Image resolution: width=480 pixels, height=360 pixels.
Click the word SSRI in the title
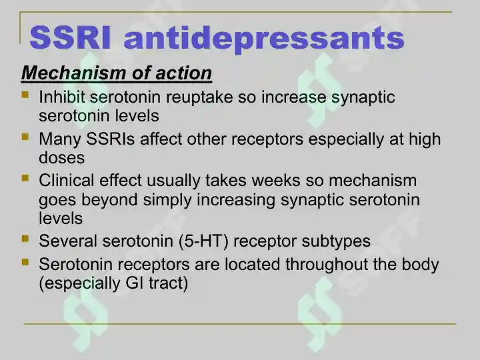coord(70,38)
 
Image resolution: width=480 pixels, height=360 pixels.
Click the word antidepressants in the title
coord(264,40)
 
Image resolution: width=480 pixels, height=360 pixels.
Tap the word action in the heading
coord(183,73)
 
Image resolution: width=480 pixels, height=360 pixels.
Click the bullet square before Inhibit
coord(25,94)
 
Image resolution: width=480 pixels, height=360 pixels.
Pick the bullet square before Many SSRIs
coord(25,136)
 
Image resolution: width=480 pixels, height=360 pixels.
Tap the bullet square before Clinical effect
coord(25,178)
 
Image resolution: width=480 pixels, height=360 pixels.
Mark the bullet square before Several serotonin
coord(25,239)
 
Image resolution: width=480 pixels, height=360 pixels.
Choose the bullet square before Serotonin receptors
coord(25,262)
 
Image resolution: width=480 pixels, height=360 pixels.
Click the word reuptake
coord(199,98)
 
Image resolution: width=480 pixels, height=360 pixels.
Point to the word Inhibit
coord(62,97)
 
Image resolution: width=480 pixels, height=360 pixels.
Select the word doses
coord(61,157)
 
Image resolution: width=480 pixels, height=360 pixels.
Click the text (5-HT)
coord(203,241)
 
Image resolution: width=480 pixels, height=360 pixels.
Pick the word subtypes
coord(336,242)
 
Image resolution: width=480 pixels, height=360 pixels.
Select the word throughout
coord(327,265)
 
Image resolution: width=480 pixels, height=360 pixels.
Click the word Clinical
coord(67,180)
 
